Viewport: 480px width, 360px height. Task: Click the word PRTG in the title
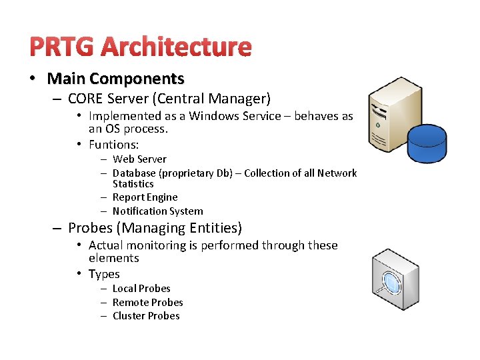pos(62,47)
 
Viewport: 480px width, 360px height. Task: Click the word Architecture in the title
pos(176,47)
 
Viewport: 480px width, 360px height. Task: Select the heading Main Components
pos(115,79)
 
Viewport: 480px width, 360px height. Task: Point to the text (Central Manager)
pos(211,99)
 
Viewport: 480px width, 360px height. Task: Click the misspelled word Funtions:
pos(113,144)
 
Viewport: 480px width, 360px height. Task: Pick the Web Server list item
pos(139,159)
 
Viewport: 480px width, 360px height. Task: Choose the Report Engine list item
pos(145,197)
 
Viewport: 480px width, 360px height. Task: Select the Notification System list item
pos(157,211)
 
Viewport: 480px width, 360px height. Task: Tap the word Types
pos(104,274)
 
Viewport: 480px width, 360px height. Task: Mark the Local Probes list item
pos(141,289)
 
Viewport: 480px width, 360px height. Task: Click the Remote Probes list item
pos(147,302)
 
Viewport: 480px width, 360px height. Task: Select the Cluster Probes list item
pos(146,316)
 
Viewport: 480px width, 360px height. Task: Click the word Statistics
pos(133,183)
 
